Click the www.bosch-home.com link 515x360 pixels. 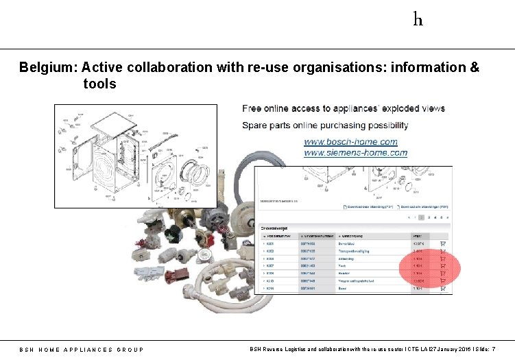350,142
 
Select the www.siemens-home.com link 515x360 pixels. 355,153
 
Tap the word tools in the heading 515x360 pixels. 100,84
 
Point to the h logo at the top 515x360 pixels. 418,19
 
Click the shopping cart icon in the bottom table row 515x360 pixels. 442,289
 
